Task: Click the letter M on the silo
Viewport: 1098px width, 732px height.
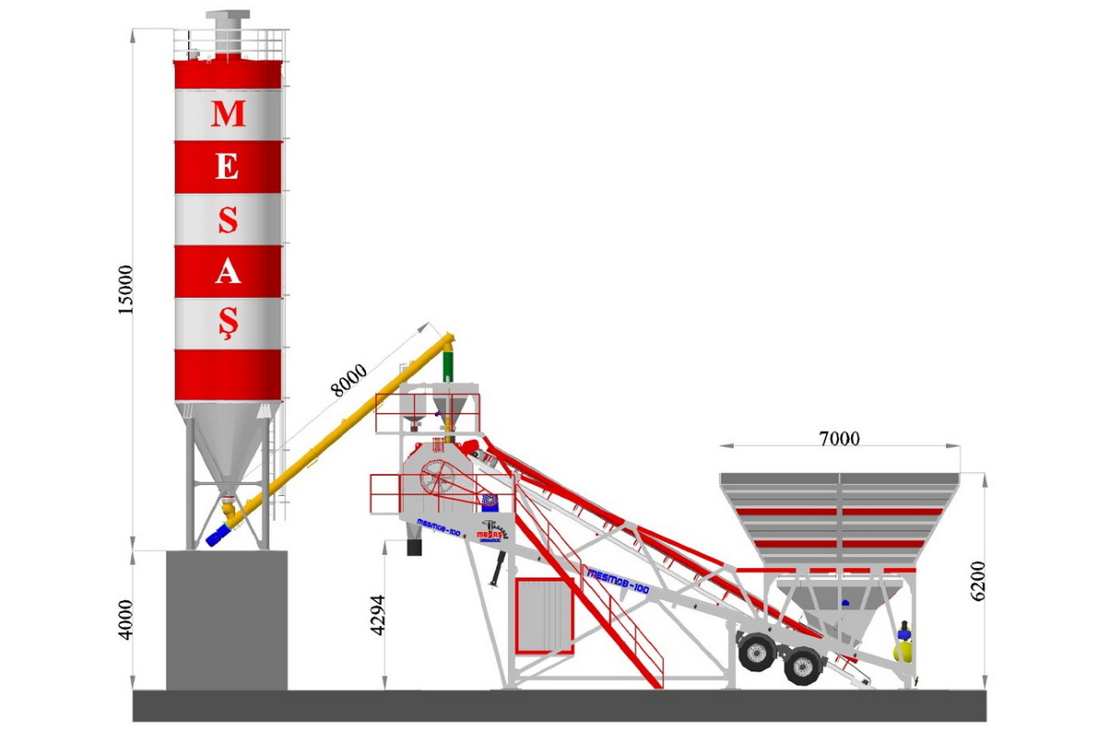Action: pos(228,113)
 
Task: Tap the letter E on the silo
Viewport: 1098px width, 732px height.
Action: pos(228,167)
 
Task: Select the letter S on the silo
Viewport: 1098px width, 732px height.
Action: pos(228,219)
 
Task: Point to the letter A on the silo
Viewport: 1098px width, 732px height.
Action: pos(228,272)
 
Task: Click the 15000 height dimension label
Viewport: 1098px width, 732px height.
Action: pos(126,289)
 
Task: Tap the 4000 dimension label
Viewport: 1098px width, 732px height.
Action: pos(126,619)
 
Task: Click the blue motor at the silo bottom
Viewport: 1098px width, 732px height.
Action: pos(221,534)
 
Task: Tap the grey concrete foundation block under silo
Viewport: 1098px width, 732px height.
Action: pos(227,620)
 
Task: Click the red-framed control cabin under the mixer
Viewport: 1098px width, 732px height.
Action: pos(542,614)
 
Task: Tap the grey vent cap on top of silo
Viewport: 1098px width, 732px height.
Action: pos(228,19)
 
